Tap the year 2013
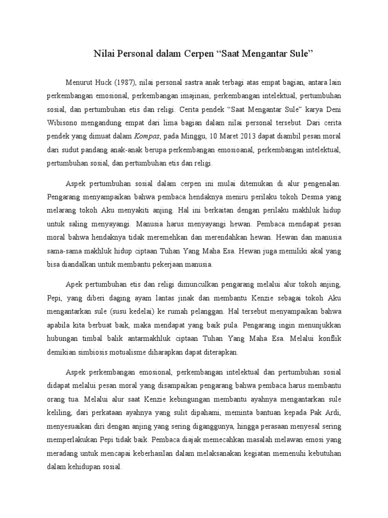pos(249,137)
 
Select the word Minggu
pos(193,137)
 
